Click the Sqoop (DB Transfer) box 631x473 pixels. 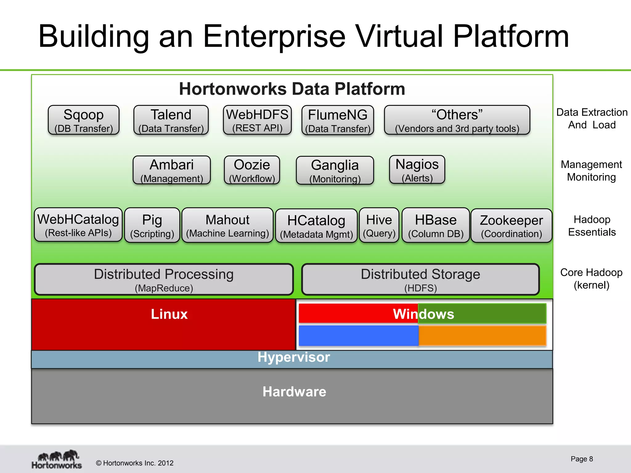tap(83, 120)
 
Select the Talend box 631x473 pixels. tap(171, 120)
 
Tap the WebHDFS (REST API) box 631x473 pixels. tap(257, 120)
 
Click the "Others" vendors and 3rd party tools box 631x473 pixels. tap(457, 120)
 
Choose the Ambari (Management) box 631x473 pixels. tap(172, 170)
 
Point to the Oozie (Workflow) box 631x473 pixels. tap(252, 170)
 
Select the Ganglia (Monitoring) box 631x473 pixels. tap(335, 170)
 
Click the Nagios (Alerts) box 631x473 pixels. tap(417, 169)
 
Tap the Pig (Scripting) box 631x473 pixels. tap(152, 225)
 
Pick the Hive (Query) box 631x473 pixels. tap(379, 225)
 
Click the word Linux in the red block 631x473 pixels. tap(169, 314)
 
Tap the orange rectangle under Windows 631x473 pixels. tap(482, 336)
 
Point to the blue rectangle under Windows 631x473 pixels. tap(359, 336)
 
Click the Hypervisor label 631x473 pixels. tap(293, 357)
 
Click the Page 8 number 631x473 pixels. tap(581, 459)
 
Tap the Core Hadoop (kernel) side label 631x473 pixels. tap(591, 278)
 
